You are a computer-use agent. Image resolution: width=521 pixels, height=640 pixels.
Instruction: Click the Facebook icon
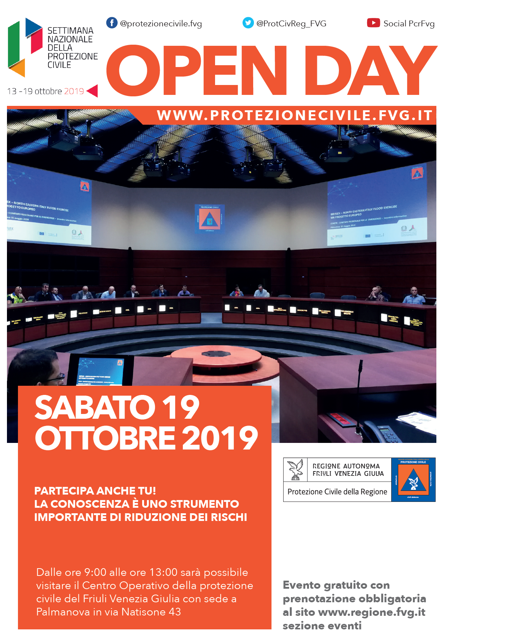pyautogui.click(x=112, y=23)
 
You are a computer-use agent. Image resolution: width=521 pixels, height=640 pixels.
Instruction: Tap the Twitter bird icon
pyautogui.click(x=248, y=23)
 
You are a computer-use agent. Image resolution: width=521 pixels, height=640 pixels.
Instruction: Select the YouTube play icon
pyautogui.click(x=373, y=23)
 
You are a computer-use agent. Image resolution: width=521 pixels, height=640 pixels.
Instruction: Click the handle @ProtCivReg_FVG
pyautogui.click(x=291, y=23)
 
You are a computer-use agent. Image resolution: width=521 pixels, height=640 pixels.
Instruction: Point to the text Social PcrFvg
pyautogui.click(x=409, y=23)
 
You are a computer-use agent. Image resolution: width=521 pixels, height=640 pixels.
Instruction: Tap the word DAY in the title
pyautogui.click(x=371, y=70)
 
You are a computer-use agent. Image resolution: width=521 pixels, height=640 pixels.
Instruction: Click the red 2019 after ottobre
pyautogui.click(x=74, y=91)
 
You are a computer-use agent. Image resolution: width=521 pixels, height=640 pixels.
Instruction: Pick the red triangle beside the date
pyautogui.click(x=93, y=91)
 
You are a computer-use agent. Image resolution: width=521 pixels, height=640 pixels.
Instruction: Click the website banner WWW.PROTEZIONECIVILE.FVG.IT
pyautogui.click(x=295, y=115)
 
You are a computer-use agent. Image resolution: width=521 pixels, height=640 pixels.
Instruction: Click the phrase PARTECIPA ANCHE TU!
pyautogui.click(x=95, y=491)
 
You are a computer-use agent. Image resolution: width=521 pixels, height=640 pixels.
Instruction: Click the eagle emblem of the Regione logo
pyautogui.click(x=295, y=470)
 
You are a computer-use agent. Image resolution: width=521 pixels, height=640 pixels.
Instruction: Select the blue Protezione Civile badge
pyautogui.click(x=413, y=480)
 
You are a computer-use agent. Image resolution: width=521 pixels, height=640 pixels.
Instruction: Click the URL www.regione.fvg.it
pyautogui.click(x=372, y=612)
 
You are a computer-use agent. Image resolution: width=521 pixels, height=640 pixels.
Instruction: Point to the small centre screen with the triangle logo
pyautogui.click(x=210, y=218)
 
